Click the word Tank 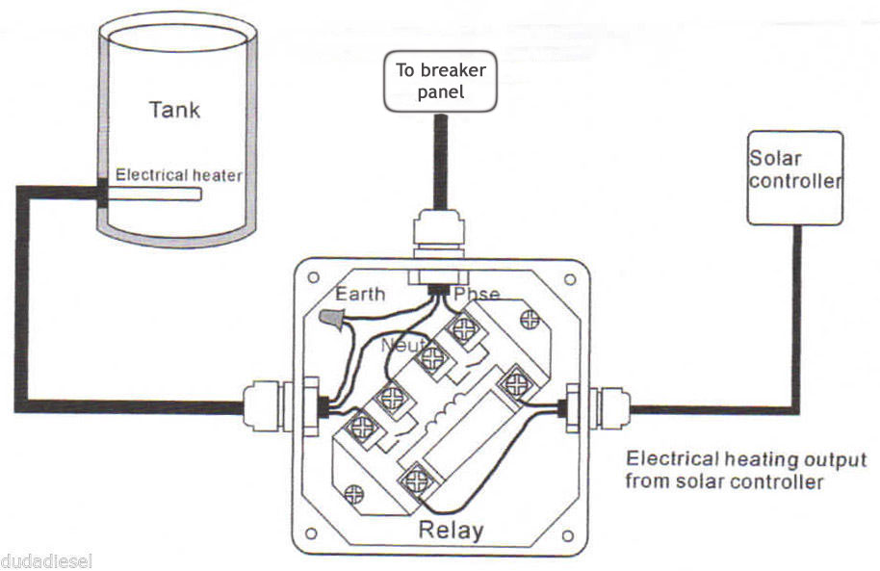[x=174, y=109]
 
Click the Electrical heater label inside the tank [x=179, y=175]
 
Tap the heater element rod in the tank [x=154, y=195]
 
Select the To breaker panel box [x=442, y=81]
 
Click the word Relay [x=451, y=530]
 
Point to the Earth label [x=359, y=294]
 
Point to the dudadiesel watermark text [x=45, y=560]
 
